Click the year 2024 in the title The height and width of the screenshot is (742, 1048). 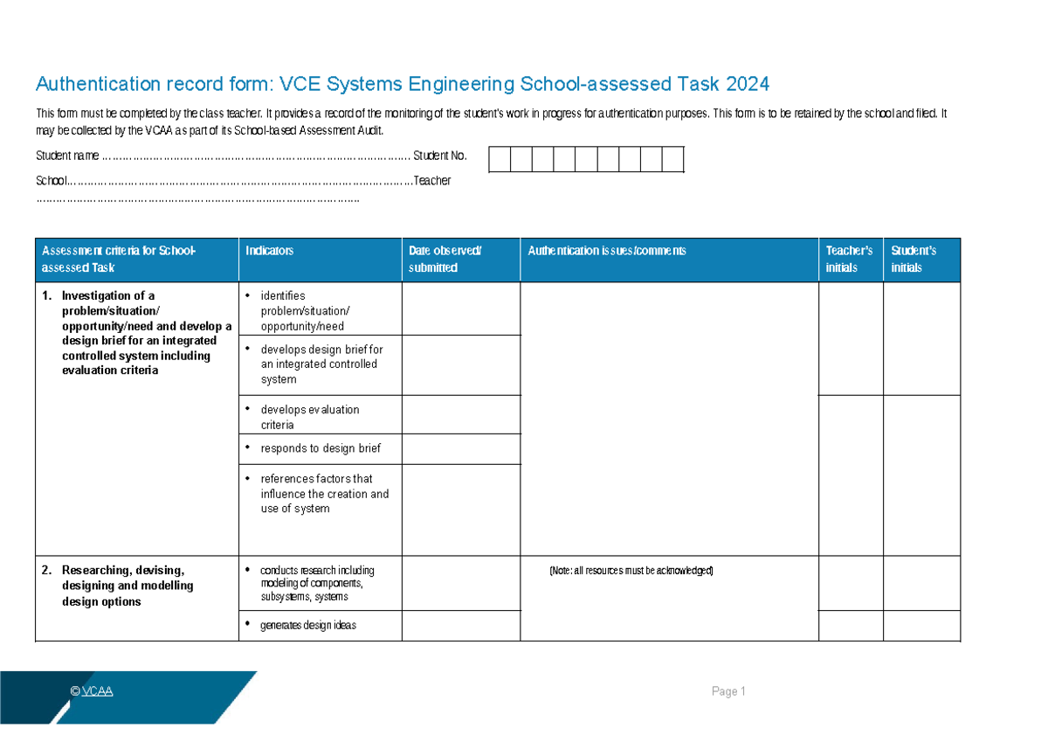747,84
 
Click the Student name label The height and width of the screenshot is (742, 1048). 66,156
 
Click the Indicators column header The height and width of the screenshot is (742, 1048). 269,251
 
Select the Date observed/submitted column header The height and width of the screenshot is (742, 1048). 445,260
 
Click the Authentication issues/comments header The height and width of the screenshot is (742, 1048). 607,251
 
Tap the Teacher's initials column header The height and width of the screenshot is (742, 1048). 849,260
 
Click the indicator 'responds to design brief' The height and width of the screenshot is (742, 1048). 320,448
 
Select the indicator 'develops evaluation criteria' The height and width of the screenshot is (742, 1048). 309,417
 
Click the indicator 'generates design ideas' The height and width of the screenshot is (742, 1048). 307,625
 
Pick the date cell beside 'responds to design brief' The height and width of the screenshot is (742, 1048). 460,448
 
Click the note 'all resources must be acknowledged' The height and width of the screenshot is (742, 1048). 631,571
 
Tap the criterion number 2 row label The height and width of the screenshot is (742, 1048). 127,586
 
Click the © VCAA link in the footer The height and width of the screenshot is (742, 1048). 92,691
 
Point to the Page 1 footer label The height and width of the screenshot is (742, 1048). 728,691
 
